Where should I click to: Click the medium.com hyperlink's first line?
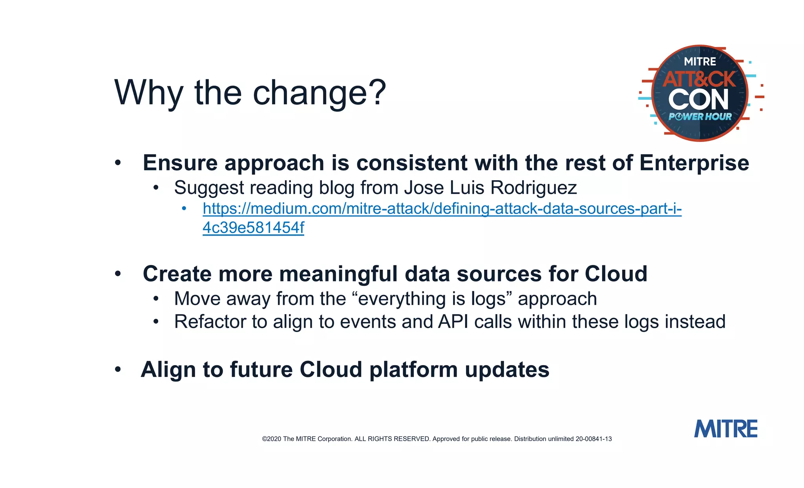(x=442, y=208)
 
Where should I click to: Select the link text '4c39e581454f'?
(x=253, y=228)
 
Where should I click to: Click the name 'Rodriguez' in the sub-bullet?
(x=534, y=188)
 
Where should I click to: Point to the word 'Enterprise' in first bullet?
(x=694, y=163)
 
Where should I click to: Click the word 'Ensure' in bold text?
(x=180, y=163)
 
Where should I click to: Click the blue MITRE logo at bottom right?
(x=725, y=429)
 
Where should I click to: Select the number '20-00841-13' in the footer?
(x=594, y=439)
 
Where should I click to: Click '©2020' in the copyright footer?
(x=272, y=439)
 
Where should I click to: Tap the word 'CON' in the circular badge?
(x=698, y=99)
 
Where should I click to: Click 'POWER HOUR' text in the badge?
(x=700, y=117)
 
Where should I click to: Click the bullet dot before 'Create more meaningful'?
(x=118, y=274)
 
